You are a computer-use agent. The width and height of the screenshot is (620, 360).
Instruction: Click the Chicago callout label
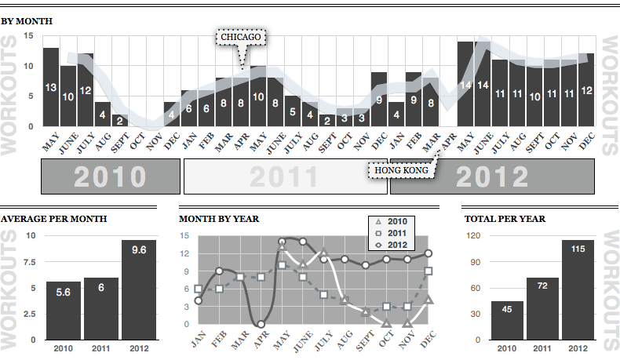[x=241, y=37]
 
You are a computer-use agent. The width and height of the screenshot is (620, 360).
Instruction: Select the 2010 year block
[x=110, y=176]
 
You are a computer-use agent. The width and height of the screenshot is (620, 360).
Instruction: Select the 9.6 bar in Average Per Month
[x=138, y=290]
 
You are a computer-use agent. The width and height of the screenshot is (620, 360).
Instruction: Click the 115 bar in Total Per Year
[x=578, y=290]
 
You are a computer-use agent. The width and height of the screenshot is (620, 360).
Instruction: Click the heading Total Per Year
[x=505, y=219]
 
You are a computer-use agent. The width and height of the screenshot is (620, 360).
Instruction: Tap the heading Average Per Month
[x=54, y=219]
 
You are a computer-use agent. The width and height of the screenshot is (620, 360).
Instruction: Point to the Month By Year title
[x=219, y=219]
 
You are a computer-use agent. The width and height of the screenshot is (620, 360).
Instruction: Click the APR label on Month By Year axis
[x=260, y=340]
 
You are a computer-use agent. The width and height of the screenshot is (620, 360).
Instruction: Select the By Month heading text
[x=27, y=20]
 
